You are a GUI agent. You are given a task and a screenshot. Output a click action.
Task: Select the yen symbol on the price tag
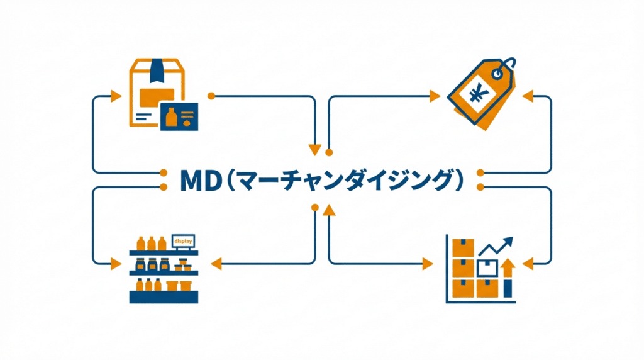pyautogui.click(x=478, y=95)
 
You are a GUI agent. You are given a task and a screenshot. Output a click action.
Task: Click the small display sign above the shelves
pyautogui.click(x=183, y=240)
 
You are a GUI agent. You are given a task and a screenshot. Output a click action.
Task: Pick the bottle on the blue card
pyautogui.click(x=169, y=116)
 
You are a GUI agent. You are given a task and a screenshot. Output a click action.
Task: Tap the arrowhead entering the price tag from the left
pyautogui.click(x=434, y=96)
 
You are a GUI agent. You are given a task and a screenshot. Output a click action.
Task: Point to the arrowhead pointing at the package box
pyautogui.click(x=116, y=96)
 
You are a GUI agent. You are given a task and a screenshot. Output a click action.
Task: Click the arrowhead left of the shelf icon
pyautogui.click(x=116, y=262)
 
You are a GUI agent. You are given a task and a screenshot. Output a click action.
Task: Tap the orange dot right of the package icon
pyautogui.click(x=211, y=96)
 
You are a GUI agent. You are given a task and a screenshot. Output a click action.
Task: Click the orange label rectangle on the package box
pyautogui.click(x=157, y=96)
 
